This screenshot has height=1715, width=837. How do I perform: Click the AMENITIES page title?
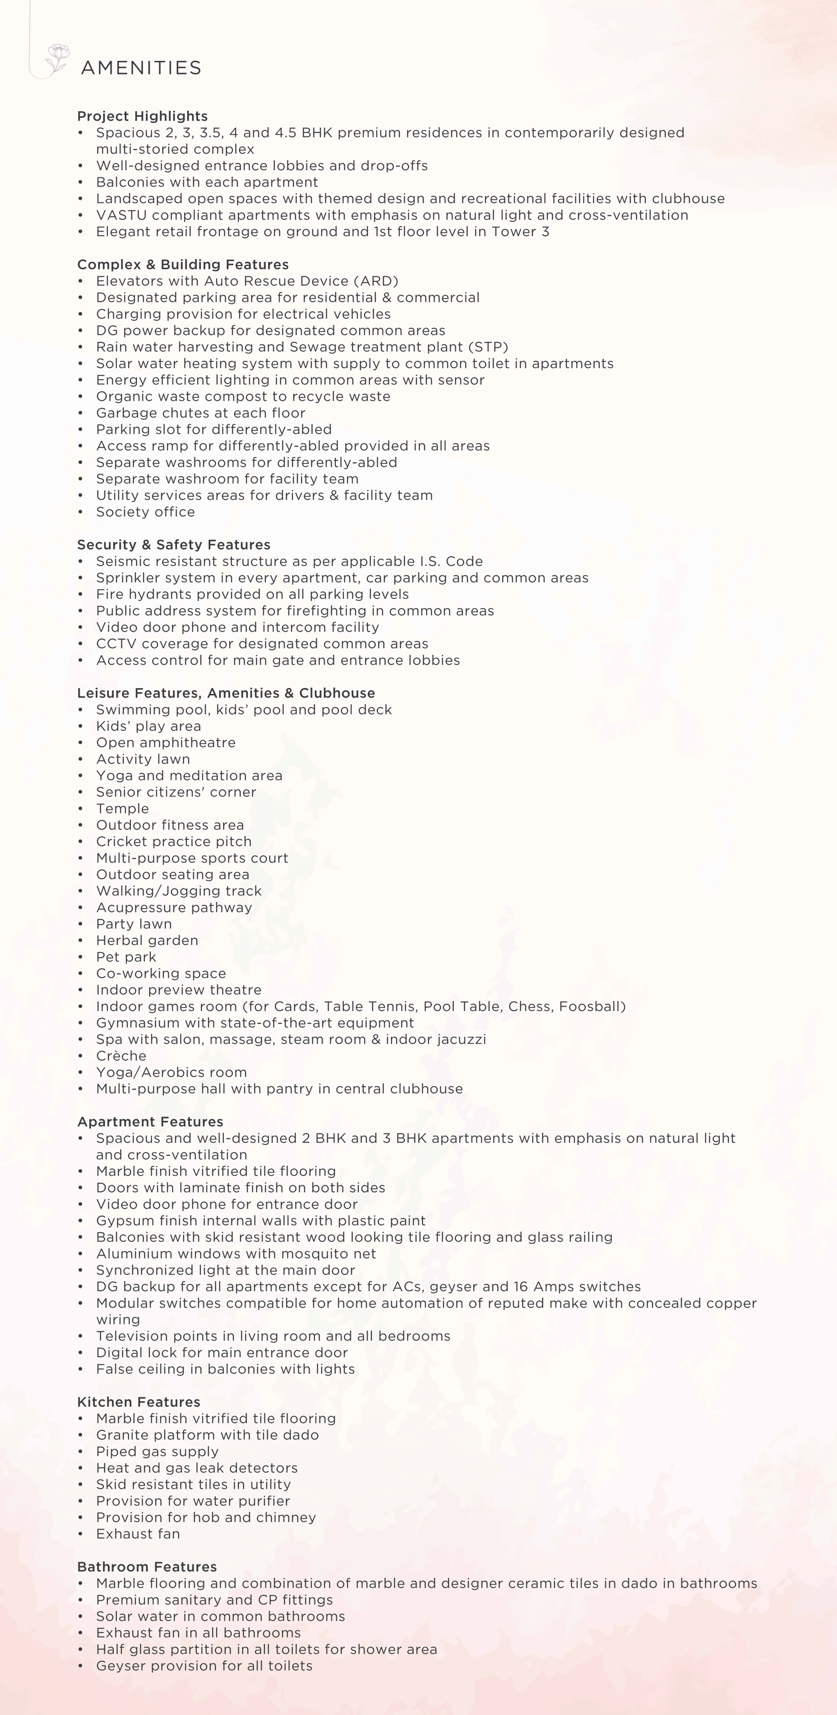pyautogui.click(x=140, y=68)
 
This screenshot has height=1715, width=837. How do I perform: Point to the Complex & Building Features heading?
pyautogui.click(x=183, y=265)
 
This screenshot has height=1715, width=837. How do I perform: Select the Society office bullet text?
pyautogui.click(x=145, y=512)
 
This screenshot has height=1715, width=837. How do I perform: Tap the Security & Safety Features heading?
pyautogui.click(x=174, y=545)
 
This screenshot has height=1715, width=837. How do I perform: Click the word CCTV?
pyautogui.click(x=116, y=644)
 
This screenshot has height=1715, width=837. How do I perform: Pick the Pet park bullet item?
pyautogui.click(x=126, y=957)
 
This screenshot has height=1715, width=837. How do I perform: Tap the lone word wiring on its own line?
pyautogui.click(x=118, y=1319)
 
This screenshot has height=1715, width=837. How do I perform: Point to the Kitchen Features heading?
pyautogui.click(x=138, y=1402)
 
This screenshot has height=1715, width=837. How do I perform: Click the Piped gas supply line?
pyautogui.click(x=157, y=1451)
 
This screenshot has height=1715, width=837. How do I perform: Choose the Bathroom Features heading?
pyautogui.click(x=147, y=1567)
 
